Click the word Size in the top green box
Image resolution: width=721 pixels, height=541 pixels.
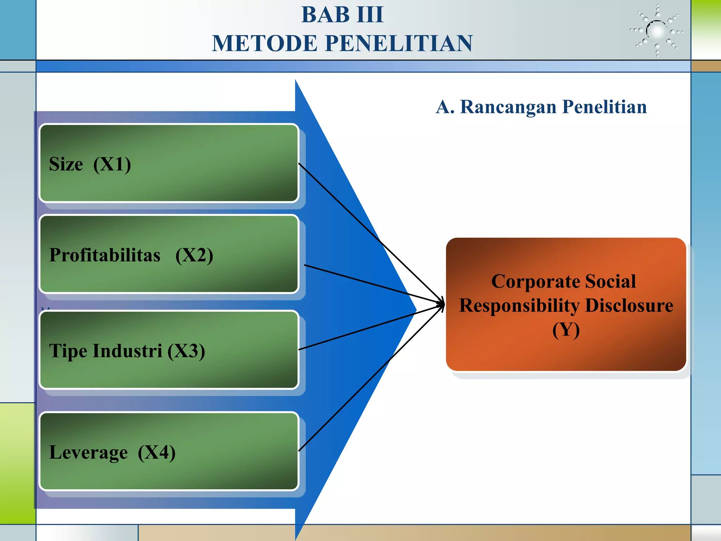(66, 164)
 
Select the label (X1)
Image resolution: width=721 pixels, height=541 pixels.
(112, 164)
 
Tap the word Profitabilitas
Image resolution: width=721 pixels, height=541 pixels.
(105, 255)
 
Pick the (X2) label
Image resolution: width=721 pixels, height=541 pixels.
(194, 255)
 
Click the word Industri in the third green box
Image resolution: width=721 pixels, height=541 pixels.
(127, 351)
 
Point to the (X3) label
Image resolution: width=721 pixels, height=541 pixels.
(186, 351)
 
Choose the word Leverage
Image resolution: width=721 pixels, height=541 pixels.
(88, 453)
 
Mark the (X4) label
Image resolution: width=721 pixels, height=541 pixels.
(157, 453)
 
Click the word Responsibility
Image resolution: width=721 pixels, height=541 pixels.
(519, 306)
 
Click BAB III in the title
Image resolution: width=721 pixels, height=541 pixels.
(342, 15)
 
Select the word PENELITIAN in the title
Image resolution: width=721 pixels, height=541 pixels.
(399, 43)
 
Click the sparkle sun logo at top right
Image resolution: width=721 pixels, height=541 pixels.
(657, 31)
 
